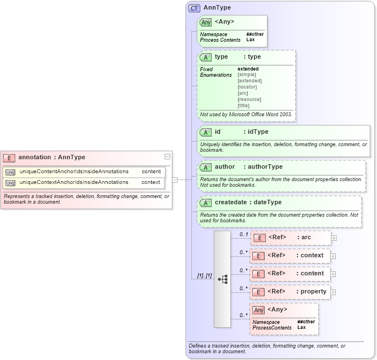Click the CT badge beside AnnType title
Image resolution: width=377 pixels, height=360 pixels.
point(195,8)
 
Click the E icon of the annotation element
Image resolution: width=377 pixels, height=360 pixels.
point(9,157)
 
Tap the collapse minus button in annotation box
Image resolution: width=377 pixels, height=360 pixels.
point(167,157)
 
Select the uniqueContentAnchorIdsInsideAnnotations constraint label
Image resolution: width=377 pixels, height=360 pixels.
point(74,171)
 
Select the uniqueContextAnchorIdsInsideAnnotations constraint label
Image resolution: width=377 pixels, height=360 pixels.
point(74,182)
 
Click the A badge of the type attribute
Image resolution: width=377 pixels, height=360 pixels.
point(206,57)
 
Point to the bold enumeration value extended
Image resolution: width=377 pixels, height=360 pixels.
point(248,69)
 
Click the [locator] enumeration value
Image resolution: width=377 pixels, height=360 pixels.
point(248,87)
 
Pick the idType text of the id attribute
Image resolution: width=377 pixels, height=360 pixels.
point(256,132)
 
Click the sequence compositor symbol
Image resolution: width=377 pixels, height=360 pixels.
point(222,279)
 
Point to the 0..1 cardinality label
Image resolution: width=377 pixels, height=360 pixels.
point(244,234)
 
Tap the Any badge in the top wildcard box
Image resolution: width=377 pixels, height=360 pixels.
point(206,22)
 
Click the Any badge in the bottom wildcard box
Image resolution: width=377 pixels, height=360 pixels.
point(259,310)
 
